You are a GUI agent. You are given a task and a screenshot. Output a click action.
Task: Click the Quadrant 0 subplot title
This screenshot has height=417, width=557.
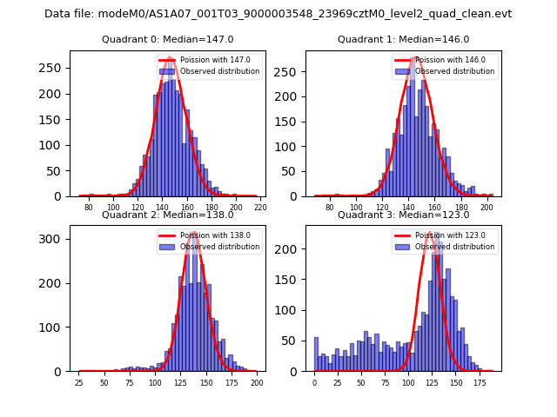(x=167, y=39)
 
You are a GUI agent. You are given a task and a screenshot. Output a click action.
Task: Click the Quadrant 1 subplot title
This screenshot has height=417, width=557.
(x=403, y=39)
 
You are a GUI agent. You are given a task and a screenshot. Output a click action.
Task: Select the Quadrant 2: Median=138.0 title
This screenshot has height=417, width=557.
(x=167, y=215)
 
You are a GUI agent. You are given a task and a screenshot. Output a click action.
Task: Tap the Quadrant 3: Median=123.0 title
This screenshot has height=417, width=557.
(x=403, y=215)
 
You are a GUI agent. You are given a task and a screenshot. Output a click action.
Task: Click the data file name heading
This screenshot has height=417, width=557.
(x=278, y=14)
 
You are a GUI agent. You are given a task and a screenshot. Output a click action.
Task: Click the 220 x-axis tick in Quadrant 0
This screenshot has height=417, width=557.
(x=259, y=208)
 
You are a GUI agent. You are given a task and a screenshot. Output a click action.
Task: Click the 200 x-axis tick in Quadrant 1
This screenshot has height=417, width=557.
(x=487, y=208)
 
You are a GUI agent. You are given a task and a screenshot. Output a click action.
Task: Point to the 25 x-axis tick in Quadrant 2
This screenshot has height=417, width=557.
(x=79, y=383)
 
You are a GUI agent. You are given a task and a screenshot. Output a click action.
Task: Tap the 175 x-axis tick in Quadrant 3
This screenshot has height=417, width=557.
(x=479, y=383)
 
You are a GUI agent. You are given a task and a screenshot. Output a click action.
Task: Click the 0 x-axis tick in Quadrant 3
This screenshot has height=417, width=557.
(x=315, y=383)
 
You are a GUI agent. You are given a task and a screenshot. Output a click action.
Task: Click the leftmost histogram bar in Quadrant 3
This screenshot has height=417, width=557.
(x=316, y=354)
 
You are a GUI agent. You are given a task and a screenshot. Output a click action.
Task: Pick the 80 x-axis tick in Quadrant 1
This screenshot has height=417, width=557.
(x=330, y=208)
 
